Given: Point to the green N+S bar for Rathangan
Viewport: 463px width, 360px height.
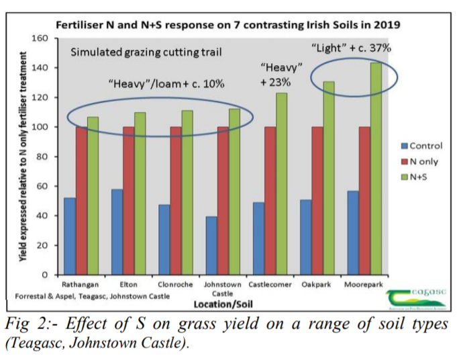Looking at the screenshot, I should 92,195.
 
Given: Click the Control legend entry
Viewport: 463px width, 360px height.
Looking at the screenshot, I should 420,145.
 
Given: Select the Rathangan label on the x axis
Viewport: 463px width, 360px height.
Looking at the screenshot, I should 80,285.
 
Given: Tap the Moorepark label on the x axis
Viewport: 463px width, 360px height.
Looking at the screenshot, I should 363,285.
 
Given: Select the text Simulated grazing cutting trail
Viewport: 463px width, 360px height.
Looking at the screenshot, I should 147,52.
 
